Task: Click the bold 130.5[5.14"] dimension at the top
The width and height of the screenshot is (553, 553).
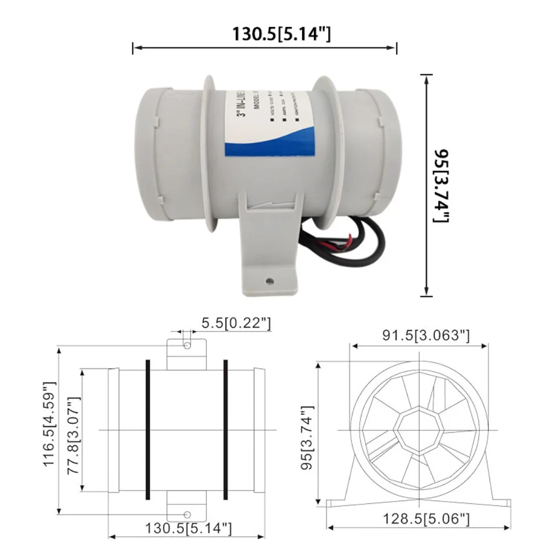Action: point(281,34)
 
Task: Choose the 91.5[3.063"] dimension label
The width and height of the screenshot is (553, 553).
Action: point(425,335)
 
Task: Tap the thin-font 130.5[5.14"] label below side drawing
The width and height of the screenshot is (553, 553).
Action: point(188,529)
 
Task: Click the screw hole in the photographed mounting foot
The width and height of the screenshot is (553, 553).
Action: point(270,281)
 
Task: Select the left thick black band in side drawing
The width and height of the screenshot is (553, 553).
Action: point(148,430)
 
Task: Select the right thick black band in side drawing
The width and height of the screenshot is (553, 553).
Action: point(225,430)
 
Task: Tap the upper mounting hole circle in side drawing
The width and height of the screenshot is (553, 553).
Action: point(188,345)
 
